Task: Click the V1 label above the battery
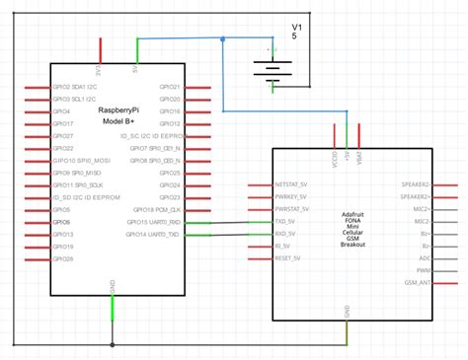(296, 26)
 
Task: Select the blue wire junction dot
(223, 40)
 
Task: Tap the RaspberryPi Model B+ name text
(118, 116)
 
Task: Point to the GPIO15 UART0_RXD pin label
(153, 222)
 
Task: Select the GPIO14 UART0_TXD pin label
(153, 235)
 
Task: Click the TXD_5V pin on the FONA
(288, 222)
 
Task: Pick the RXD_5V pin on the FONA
(288, 235)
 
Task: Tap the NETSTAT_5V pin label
(293, 184)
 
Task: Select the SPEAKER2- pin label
(413, 184)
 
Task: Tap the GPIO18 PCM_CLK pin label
(156, 209)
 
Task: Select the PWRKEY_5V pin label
(292, 197)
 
